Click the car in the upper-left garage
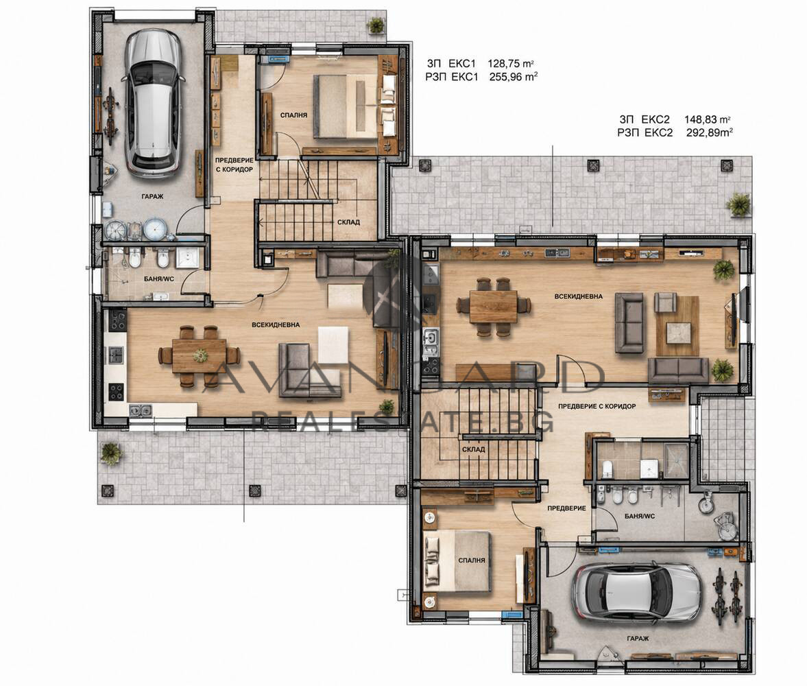pos(153,104)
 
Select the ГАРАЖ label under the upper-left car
pos(153,196)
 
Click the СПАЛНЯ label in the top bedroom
pos(294,115)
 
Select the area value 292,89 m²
pos(710,132)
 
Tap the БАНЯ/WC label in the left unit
pos(159,280)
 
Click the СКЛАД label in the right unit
pos(474,449)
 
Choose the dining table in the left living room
pos(199,355)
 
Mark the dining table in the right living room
pos(493,307)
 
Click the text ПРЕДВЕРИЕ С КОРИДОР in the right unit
pos(597,406)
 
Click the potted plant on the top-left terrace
pos(376,25)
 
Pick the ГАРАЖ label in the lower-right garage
pos(638,639)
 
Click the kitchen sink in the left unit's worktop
pos(140,410)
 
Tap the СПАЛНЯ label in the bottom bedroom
pos(472,560)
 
